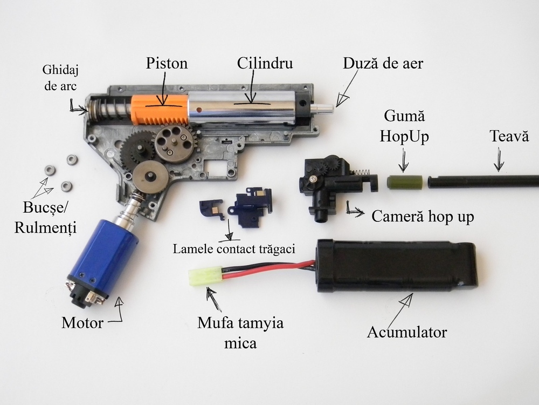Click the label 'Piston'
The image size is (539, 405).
pos(167,63)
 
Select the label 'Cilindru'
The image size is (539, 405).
pos(265,63)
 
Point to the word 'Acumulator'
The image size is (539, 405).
pos(406,332)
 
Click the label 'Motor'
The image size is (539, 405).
pos(82,323)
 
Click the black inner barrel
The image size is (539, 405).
pos(485,181)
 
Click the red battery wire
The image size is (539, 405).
pos(253,273)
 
